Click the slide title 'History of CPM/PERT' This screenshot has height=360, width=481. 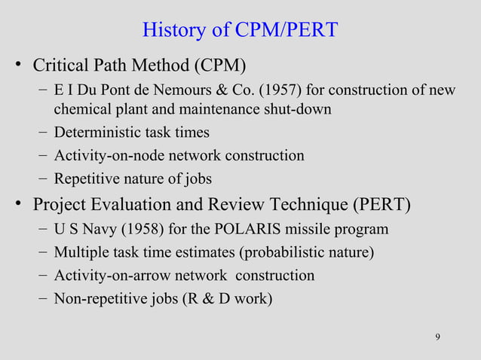click(x=240, y=31)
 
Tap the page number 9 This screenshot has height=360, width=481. click(x=438, y=336)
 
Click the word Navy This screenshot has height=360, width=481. click(x=93, y=229)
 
